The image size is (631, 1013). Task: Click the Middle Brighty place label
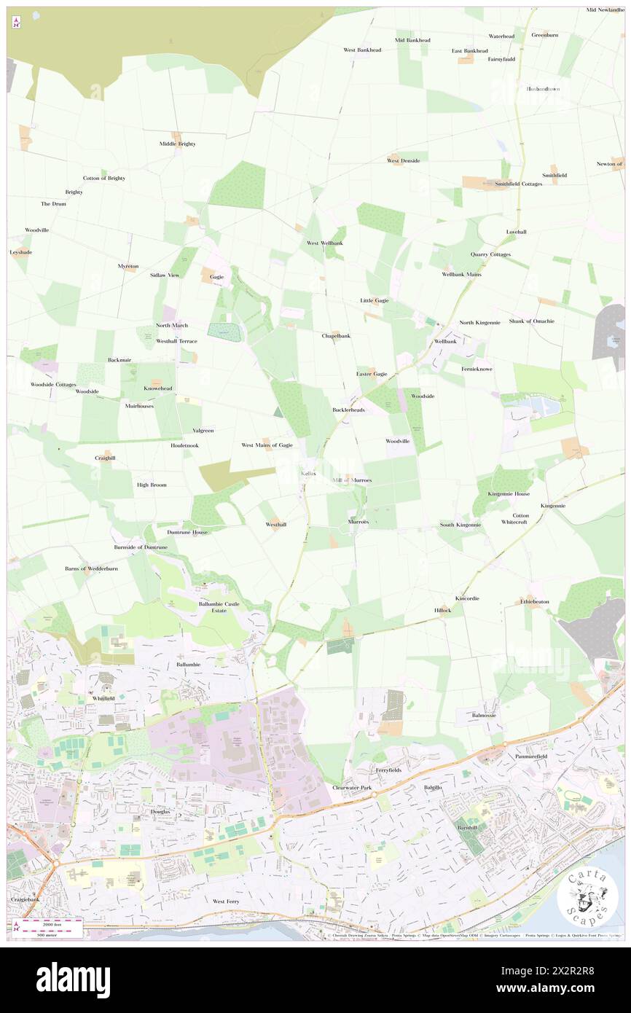pos(178,144)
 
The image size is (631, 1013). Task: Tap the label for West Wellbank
pos(325,243)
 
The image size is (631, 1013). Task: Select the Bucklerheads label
pos(348,410)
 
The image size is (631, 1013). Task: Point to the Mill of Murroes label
pos(352,480)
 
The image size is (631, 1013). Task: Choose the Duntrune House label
pos(187,532)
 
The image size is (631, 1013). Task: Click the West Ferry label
pos(226,901)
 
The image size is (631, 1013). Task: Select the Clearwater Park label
pos(352,788)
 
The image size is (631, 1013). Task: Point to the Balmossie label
pos(484,716)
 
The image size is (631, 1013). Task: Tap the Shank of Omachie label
pos(532,321)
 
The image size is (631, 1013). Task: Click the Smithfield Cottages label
pos(519,184)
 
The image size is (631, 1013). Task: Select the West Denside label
pos(403,160)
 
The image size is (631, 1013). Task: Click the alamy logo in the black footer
pos(73,980)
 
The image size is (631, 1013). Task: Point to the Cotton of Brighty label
pos(104,178)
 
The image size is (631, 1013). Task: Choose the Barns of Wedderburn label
pos(91,568)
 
